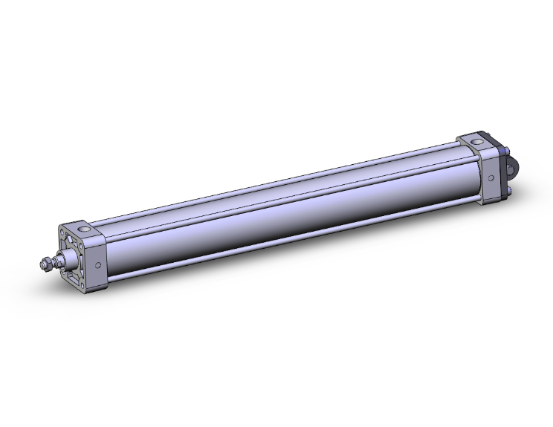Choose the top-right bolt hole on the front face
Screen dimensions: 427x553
(81, 246)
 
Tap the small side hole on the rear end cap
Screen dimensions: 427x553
(491, 177)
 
